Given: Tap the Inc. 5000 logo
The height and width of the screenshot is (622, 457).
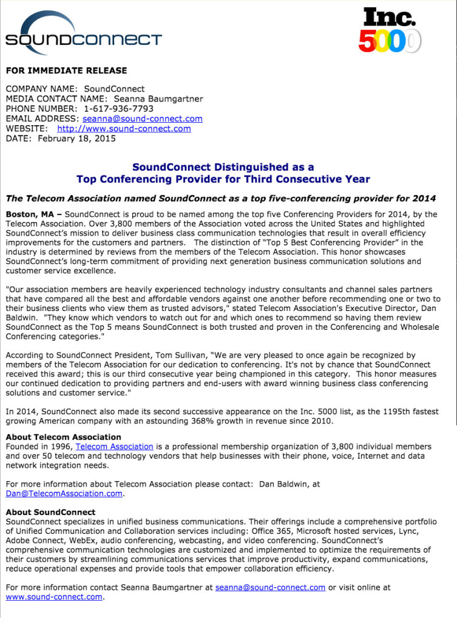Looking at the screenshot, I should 389,30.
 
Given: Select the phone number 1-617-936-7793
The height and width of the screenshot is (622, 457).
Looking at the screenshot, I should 118,109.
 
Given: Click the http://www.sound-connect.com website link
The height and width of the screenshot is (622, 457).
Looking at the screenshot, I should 124,128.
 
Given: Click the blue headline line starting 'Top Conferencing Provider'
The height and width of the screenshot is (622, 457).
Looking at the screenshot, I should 223,179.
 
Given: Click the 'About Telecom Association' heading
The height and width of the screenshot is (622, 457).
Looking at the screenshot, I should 63,437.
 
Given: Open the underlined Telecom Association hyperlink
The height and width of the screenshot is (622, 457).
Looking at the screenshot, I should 114,446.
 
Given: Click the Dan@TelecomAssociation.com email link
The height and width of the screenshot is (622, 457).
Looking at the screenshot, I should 64,494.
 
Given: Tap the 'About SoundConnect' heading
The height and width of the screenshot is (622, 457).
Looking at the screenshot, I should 50,512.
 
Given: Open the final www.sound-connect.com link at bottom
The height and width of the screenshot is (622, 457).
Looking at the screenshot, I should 54,597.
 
